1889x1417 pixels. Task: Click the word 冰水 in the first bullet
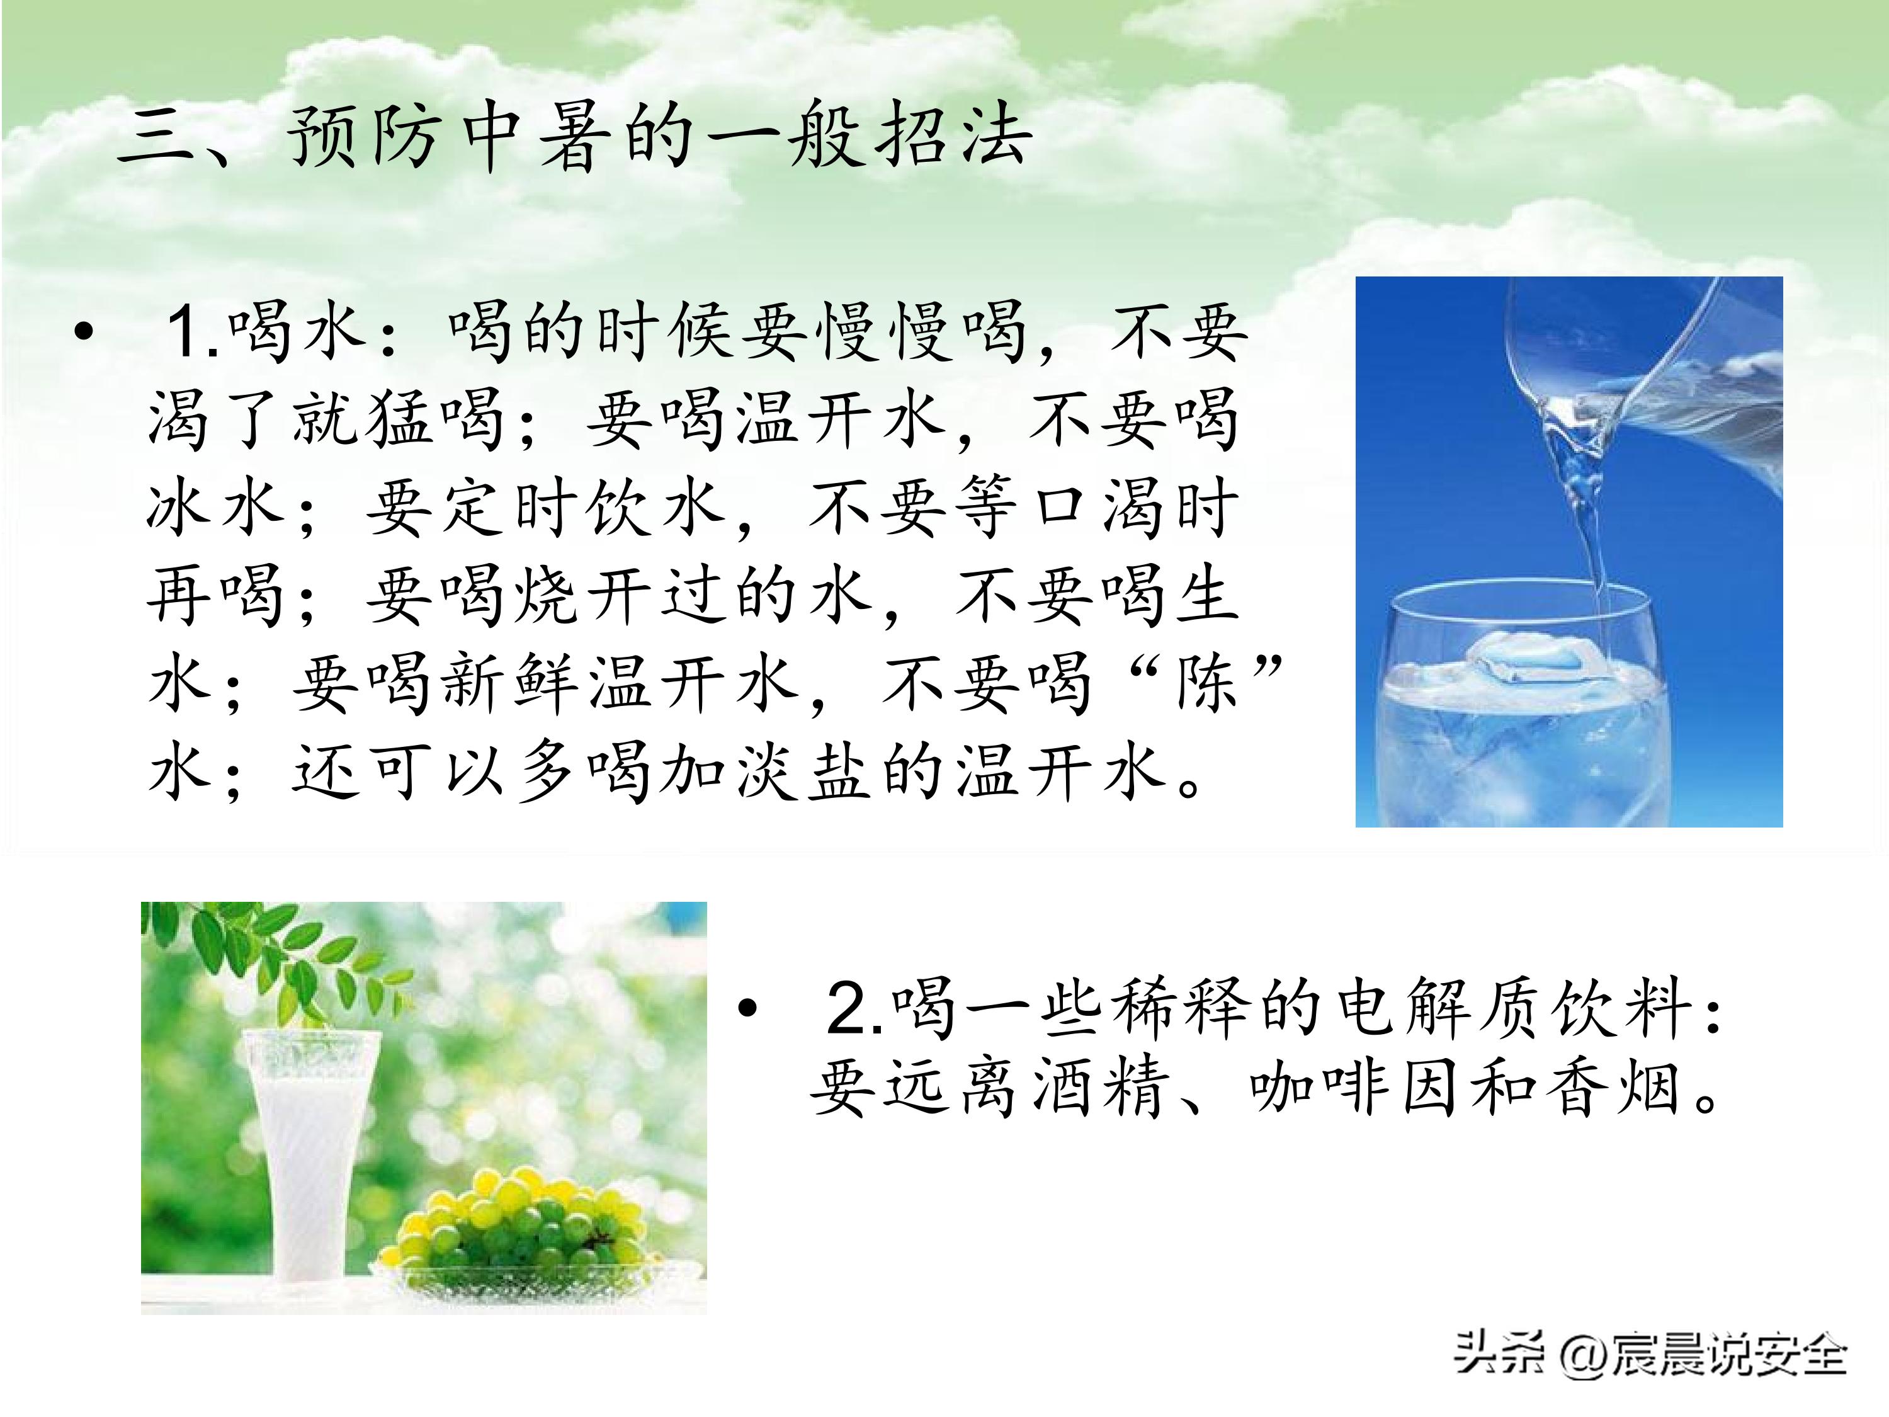215,508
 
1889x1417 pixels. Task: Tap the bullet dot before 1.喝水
83,333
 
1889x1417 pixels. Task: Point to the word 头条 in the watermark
1499,1355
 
